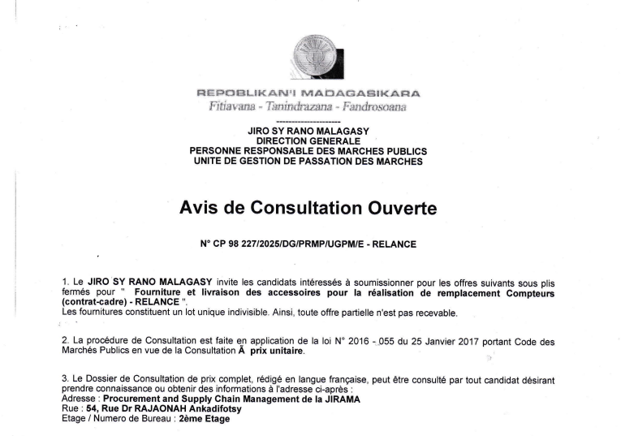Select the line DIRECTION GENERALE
[x=308, y=140]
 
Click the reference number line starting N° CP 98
[x=308, y=242]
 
